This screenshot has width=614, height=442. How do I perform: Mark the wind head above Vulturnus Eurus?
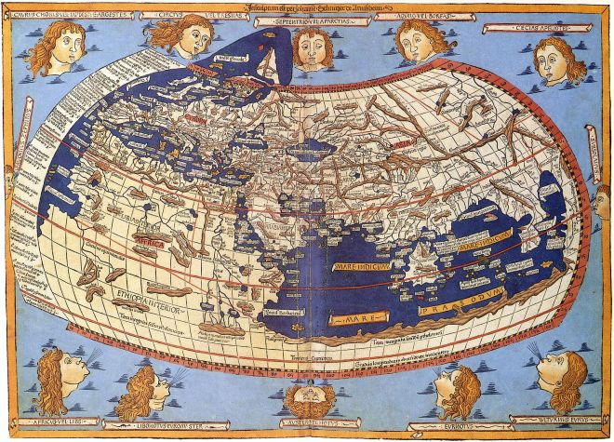click(562, 377)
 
